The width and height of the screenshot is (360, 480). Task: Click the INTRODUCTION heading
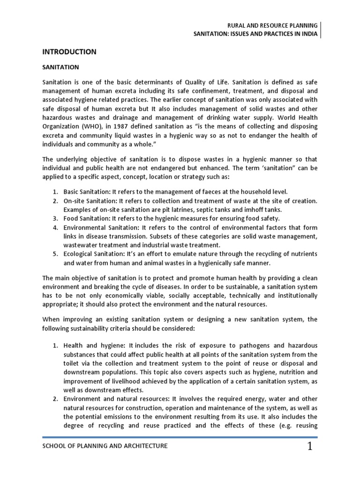pyautogui.click(x=69, y=52)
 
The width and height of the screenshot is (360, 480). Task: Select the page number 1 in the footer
pyautogui.click(x=309, y=447)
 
